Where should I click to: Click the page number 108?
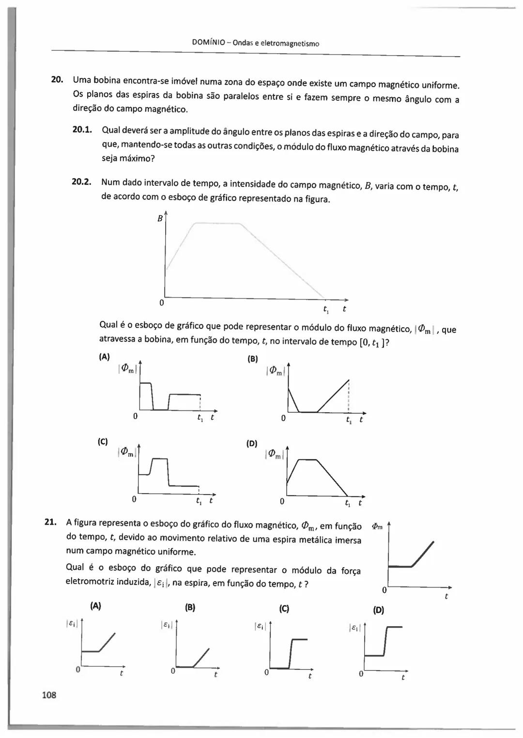click(x=49, y=695)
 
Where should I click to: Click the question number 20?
click(x=57, y=79)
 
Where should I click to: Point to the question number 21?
click(x=50, y=522)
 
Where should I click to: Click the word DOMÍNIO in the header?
click(x=208, y=43)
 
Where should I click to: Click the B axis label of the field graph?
click(x=160, y=218)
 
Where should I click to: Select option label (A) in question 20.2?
click(x=105, y=357)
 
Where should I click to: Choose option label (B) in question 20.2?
click(x=253, y=359)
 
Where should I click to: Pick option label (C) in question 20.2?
click(x=103, y=441)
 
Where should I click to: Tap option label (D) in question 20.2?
click(x=252, y=443)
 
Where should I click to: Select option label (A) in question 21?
click(x=96, y=605)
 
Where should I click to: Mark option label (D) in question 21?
click(x=379, y=610)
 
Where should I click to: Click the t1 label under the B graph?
click(x=326, y=308)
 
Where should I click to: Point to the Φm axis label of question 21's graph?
click(x=377, y=527)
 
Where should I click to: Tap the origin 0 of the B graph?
click(x=162, y=303)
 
